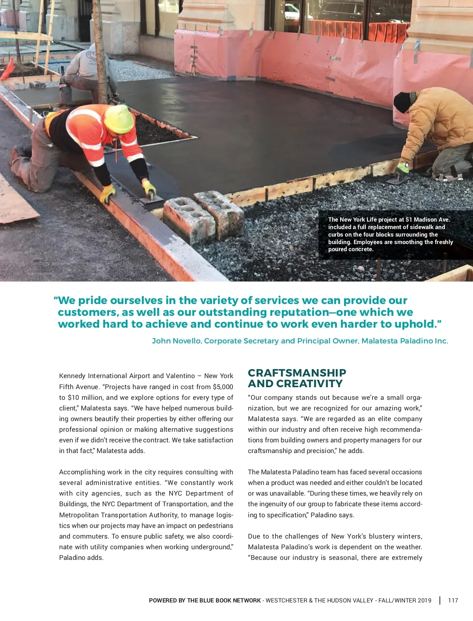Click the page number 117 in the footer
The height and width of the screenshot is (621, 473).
[x=453, y=600]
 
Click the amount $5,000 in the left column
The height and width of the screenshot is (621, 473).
[x=223, y=387]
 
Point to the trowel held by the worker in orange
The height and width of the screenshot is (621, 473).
[x=151, y=199]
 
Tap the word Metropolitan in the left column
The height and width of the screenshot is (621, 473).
[x=79, y=515]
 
